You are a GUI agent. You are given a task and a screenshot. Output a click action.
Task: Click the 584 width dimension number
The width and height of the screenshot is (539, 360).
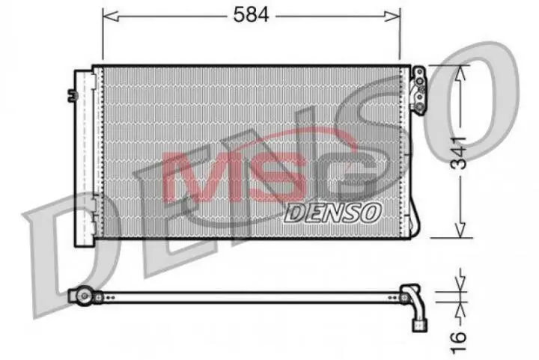tap(252, 14)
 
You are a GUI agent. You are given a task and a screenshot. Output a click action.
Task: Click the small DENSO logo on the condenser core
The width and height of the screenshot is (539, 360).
tap(333, 211)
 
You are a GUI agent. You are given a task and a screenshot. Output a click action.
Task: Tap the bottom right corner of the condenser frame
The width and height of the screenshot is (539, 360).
tap(410, 237)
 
